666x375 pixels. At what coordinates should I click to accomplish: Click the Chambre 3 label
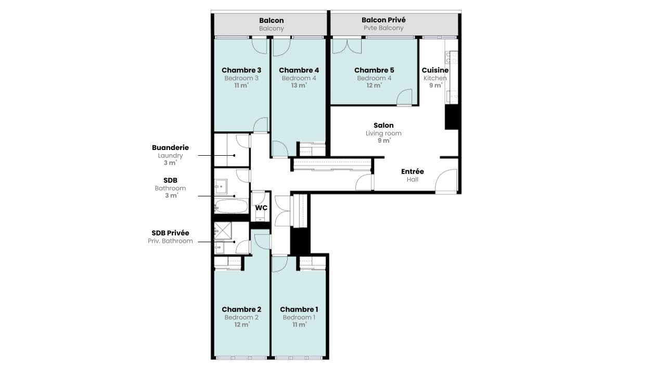(x=241, y=70)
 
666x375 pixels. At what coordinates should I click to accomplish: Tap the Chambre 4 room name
(x=299, y=70)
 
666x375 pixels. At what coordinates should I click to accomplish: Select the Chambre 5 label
(x=374, y=70)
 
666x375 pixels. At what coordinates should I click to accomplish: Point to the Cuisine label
(x=435, y=70)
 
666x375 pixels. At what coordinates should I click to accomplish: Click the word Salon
(x=383, y=126)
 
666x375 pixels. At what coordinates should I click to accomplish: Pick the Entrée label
(x=412, y=171)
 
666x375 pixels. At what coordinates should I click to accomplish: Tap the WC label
(x=261, y=208)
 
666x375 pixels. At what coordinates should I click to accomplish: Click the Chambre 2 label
(x=241, y=309)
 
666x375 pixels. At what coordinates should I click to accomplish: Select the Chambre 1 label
(x=299, y=309)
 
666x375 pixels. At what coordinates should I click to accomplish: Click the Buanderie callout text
(x=170, y=147)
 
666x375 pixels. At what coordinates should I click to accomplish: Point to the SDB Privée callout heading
(x=170, y=233)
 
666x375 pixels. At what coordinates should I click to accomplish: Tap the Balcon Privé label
(x=383, y=20)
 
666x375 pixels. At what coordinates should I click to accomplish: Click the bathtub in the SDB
(x=232, y=206)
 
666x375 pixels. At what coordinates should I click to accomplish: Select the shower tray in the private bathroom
(x=222, y=230)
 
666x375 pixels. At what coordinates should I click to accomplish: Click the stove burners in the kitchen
(x=451, y=57)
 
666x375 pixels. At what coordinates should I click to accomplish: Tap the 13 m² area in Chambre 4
(x=299, y=85)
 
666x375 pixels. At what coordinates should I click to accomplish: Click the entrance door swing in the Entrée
(x=445, y=181)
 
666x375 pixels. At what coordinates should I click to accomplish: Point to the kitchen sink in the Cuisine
(x=452, y=96)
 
